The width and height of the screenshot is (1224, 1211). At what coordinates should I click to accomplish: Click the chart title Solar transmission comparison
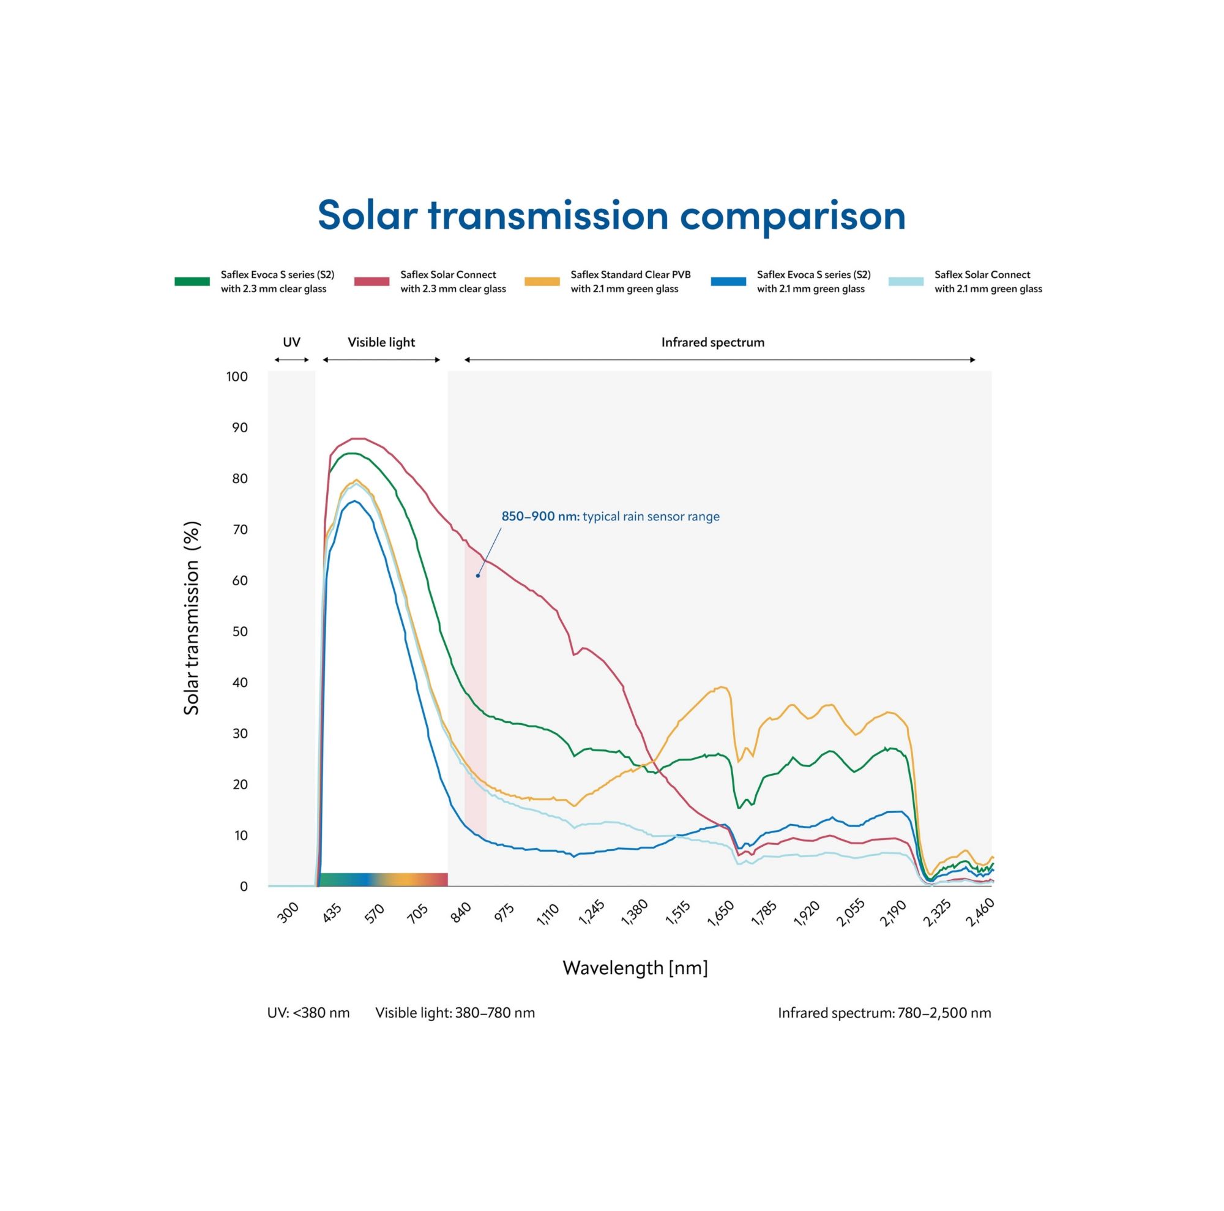611,216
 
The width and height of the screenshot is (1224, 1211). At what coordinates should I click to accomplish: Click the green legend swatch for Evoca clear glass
192,282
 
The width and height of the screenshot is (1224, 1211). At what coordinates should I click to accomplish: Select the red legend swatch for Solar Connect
371,282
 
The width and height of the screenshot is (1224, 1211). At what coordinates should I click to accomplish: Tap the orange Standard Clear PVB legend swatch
542,282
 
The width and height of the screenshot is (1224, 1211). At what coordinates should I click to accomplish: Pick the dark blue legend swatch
728,282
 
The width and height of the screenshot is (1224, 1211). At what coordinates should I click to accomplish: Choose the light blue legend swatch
905,282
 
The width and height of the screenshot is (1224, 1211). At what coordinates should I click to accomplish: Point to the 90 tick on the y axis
239,428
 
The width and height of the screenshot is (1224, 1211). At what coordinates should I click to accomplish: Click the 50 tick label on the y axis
239,632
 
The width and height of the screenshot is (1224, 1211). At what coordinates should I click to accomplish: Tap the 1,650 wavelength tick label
720,914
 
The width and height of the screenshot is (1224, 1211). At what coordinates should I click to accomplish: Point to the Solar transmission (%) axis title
192,618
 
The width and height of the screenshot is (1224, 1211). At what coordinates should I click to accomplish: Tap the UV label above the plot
291,342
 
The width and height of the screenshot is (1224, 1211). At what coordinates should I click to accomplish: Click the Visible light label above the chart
381,342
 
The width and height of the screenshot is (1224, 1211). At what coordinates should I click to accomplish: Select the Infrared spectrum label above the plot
713,342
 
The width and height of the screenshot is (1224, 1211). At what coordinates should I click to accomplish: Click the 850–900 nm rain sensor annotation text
610,517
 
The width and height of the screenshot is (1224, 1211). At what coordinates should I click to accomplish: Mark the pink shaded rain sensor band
475,697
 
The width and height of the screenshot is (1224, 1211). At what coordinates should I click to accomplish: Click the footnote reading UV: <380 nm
308,1013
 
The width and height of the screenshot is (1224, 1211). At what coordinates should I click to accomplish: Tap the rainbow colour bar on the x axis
382,879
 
